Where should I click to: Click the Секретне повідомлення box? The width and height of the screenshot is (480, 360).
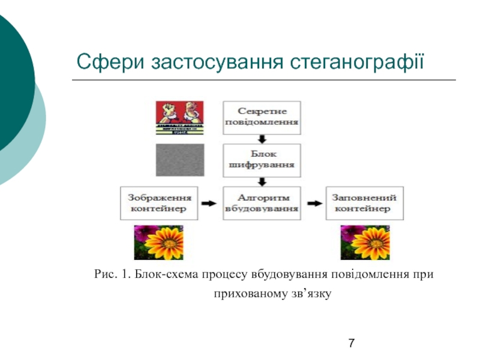pos(262,118)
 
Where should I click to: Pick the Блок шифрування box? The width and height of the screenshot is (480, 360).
pos(262,159)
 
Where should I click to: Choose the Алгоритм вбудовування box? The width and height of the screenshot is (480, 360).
pos(262,203)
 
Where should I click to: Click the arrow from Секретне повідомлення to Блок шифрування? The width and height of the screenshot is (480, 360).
pos(262,139)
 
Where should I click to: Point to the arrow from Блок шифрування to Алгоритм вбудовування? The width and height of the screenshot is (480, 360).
pos(262,181)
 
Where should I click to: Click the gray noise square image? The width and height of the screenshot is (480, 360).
pos(179,160)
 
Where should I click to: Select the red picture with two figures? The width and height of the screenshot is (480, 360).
pos(179,118)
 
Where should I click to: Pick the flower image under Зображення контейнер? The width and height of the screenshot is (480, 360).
pos(158,242)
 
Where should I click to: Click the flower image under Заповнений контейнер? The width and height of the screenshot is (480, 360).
pos(364,242)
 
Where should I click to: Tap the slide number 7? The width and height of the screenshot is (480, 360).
pos(351,343)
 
